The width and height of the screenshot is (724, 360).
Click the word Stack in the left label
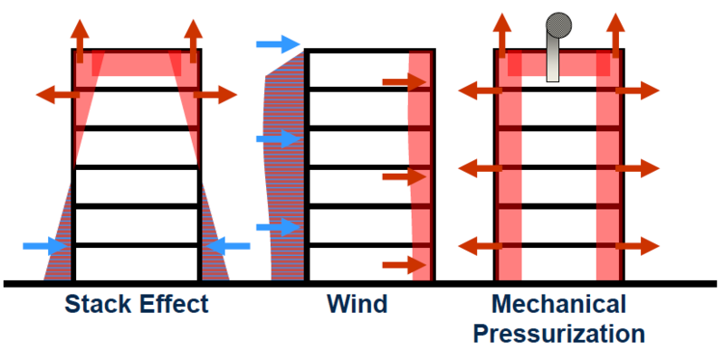pyautogui.click(x=95, y=305)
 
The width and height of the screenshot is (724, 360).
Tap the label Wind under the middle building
pyautogui.click(x=357, y=305)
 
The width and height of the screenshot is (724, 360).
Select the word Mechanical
pyautogui.click(x=558, y=305)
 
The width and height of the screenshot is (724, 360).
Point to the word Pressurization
pyautogui.click(x=558, y=334)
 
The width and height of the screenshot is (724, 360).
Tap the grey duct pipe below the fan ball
pyautogui.click(x=553, y=58)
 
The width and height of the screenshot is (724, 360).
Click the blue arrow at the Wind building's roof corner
pyautogui.click(x=279, y=44)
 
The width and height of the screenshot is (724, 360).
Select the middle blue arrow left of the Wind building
pyautogui.click(x=279, y=138)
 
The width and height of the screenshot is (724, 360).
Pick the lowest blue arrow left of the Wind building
pyautogui.click(x=279, y=227)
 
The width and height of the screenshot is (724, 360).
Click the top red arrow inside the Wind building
pyautogui.click(x=404, y=82)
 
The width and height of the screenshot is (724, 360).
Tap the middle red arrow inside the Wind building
pyautogui.click(x=404, y=176)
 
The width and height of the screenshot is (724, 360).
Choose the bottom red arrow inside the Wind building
pyautogui.click(x=404, y=265)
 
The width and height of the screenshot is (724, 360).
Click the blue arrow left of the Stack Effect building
pyautogui.click(x=45, y=246)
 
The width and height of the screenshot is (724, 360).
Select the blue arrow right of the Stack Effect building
pyautogui.click(x=228, y=246)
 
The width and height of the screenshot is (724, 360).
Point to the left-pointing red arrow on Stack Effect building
pyautogui.click(x=58, y=95)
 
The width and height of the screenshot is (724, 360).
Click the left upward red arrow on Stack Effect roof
pyautogui.click(x=80, y=41)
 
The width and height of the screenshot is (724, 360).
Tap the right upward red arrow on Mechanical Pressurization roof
pyautogui.click(x=615, y=36)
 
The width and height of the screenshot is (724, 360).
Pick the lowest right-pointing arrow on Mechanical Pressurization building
pyautogui.click(x=638, y=246)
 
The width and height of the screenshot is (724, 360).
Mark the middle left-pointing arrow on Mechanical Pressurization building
pyautogui.click(x=481, y=168)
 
